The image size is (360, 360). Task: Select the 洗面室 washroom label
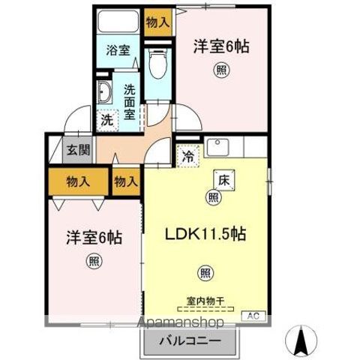(128, 100)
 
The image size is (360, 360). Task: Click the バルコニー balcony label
(189, 340)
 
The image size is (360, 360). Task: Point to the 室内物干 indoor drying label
(205, 305)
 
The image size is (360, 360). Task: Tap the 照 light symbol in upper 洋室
(222, 70)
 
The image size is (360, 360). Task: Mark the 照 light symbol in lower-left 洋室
(94, 262)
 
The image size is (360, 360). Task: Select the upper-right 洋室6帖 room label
(223, 46)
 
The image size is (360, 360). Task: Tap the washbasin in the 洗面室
(104, 94)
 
